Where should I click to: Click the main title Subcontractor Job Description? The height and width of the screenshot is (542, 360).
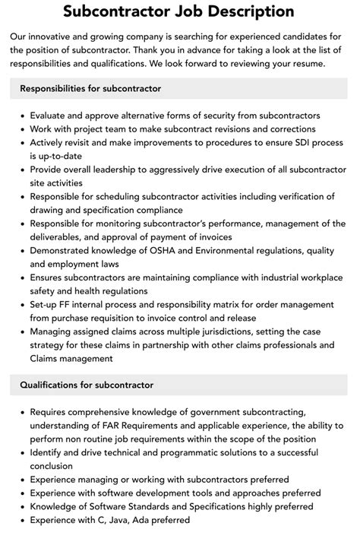pos(179,11)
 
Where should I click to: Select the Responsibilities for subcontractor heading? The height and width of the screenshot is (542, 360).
pos(90,89)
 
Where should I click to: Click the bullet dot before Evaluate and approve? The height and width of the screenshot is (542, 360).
pos(22,116)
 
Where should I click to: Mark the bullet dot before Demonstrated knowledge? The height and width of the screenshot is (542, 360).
pos(22,252)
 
